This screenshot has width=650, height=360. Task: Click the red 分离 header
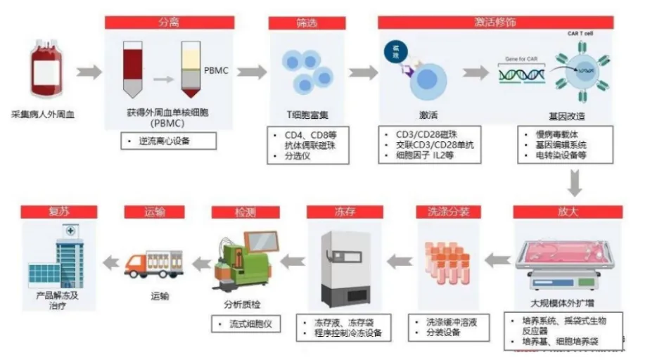click(170, 22)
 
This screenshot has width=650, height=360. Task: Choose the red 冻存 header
click(345, 212)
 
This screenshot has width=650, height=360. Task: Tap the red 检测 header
click(246, 212)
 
